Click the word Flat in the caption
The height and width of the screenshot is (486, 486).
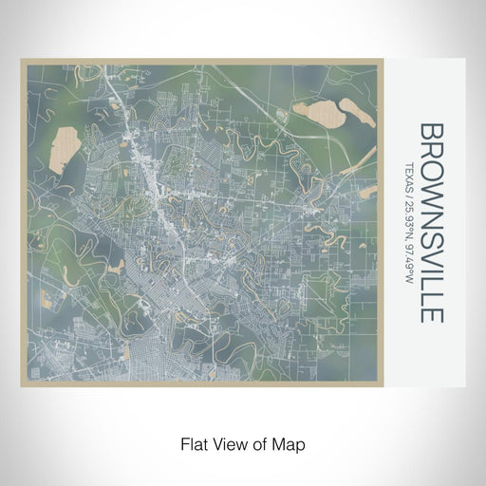[x=188, y=442]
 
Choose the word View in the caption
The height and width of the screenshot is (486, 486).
[x=224, y=442]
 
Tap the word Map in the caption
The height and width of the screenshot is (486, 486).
[x=291, y=442]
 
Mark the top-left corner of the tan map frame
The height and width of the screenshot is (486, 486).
[x=21, y=61]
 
